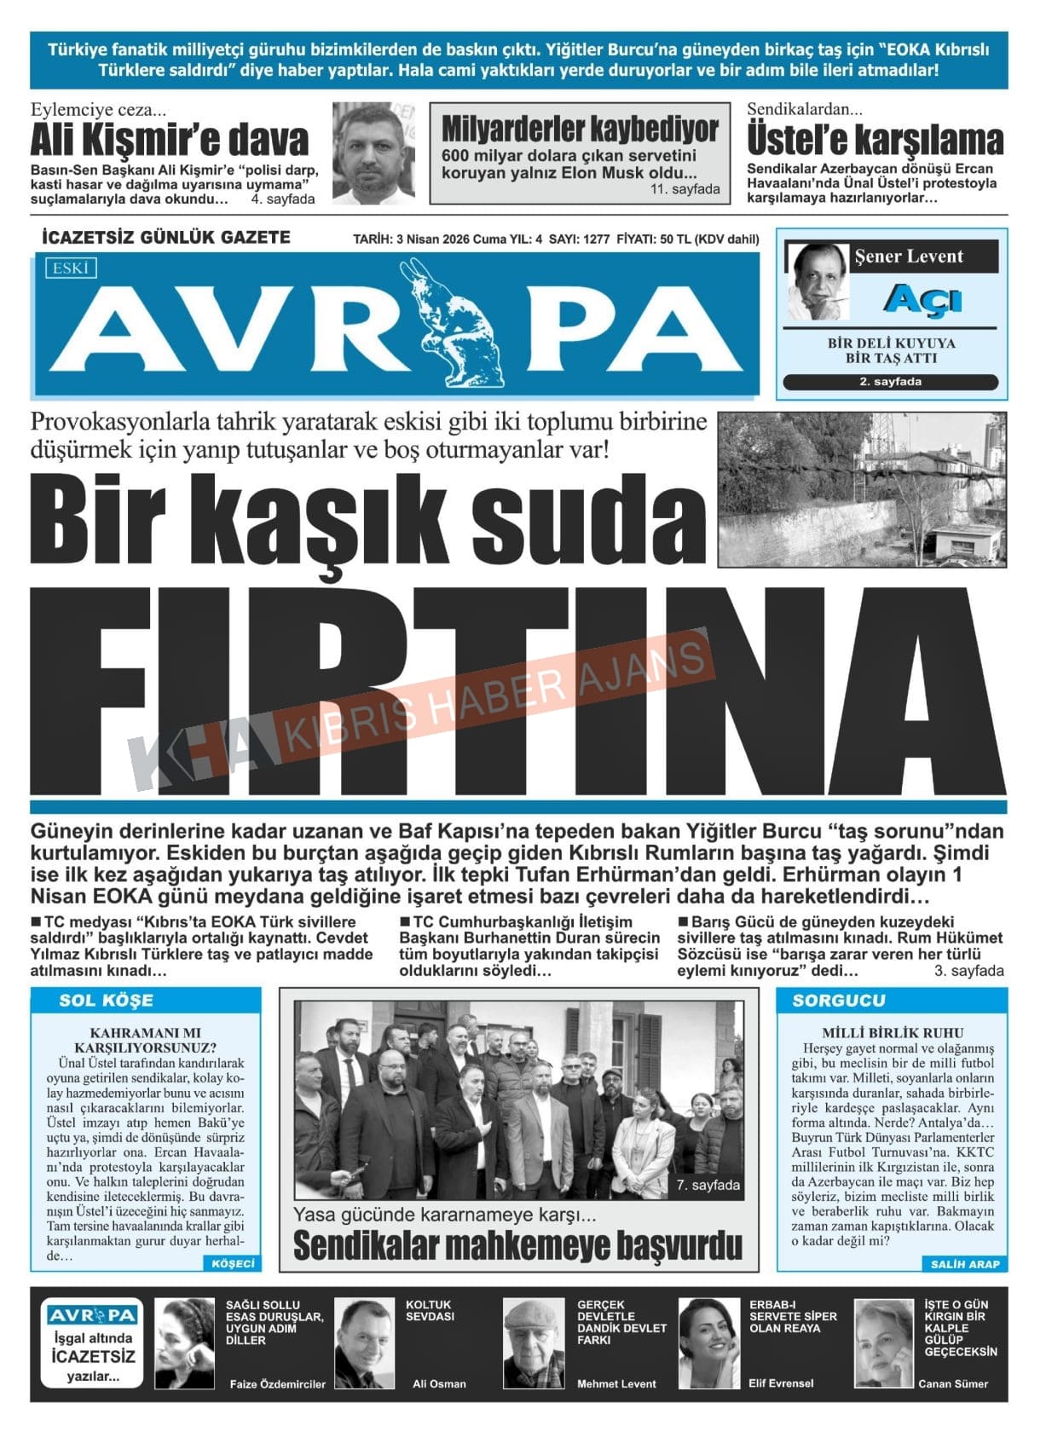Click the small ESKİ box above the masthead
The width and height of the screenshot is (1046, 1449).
[71, 268]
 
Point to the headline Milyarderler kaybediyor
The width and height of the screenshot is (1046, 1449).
[580, 130]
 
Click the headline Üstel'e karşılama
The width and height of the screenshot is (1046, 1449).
[876, 140]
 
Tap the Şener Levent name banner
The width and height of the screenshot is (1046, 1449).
[909, 257]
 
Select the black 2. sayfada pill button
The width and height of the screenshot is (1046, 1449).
[890, 382]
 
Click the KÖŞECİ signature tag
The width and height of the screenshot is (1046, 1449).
[232, 1263]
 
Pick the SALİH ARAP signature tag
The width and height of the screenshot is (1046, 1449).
[964, 1263]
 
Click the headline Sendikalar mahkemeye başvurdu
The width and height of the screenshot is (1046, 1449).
[517, 1246]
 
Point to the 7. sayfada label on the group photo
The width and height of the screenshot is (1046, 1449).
[708, 1185]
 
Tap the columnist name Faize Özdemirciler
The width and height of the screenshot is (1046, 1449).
[277, 1383]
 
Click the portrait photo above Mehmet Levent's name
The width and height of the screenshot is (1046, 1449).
[534, 1342]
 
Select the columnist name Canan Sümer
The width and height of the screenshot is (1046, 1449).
[952, 1383]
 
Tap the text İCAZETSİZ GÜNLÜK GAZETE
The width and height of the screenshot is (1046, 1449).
[166, 238]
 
